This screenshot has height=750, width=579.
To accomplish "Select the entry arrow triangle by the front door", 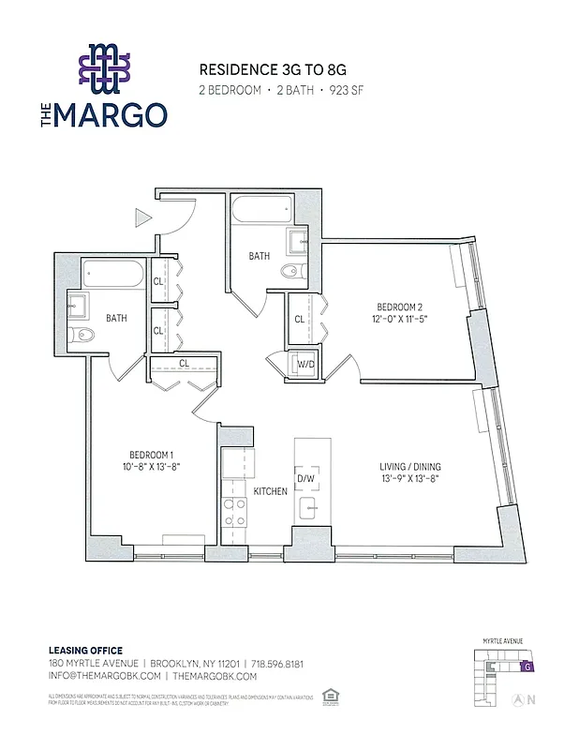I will click(x=143, y=217).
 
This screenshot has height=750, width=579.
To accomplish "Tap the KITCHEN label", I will click(x=270, y=491).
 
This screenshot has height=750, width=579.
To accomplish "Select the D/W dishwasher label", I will click(x=306, y=479).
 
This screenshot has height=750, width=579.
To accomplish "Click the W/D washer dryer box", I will click(x=305, y=365).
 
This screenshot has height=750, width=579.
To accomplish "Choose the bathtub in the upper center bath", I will click(x=261, y=208).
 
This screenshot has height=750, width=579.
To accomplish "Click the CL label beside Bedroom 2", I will click(x=300, y=319).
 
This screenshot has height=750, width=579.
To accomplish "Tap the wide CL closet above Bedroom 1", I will click(x=184, y=364).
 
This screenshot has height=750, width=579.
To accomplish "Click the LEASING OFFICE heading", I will click(x=85, y=651).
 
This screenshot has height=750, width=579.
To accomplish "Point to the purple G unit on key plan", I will click(x=528, y=667).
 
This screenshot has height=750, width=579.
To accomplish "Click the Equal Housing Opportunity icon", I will click(x=328, y=697).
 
